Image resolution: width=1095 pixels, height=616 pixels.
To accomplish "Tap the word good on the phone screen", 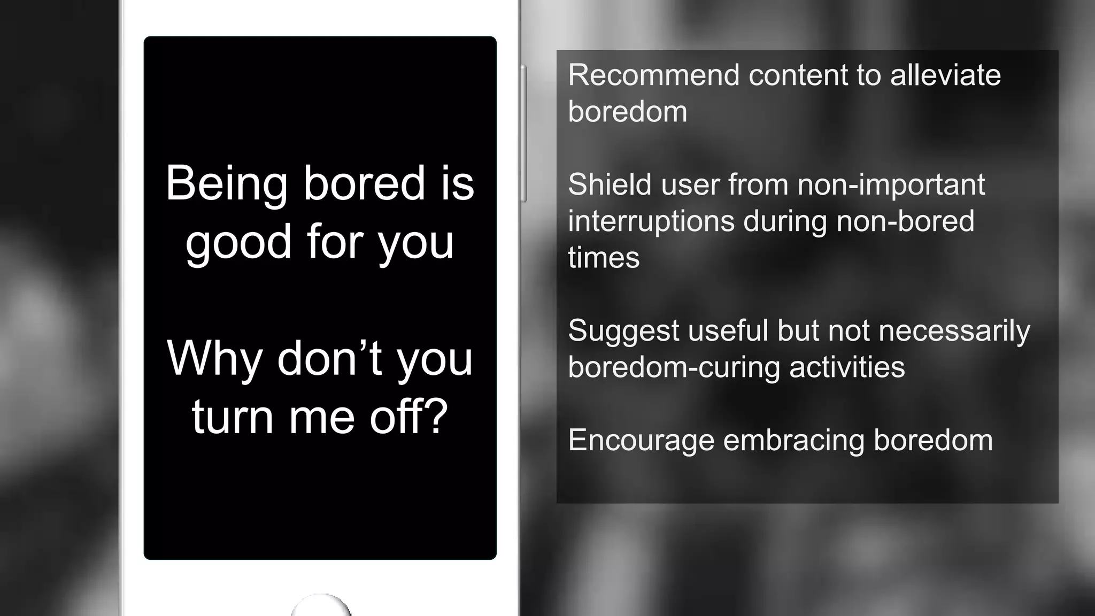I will [238, 243].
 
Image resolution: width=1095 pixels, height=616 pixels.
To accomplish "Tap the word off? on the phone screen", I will [408, 417].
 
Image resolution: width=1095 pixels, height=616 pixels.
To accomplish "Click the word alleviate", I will [945, 75].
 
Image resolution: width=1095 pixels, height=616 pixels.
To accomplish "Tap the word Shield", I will [610, 184].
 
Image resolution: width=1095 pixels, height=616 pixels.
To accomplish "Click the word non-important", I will [891, 184].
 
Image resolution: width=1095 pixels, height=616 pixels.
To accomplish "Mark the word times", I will [604, 258].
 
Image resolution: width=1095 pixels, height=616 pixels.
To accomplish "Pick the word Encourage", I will [641, 441].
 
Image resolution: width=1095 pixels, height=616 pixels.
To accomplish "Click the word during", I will [785, 221].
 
